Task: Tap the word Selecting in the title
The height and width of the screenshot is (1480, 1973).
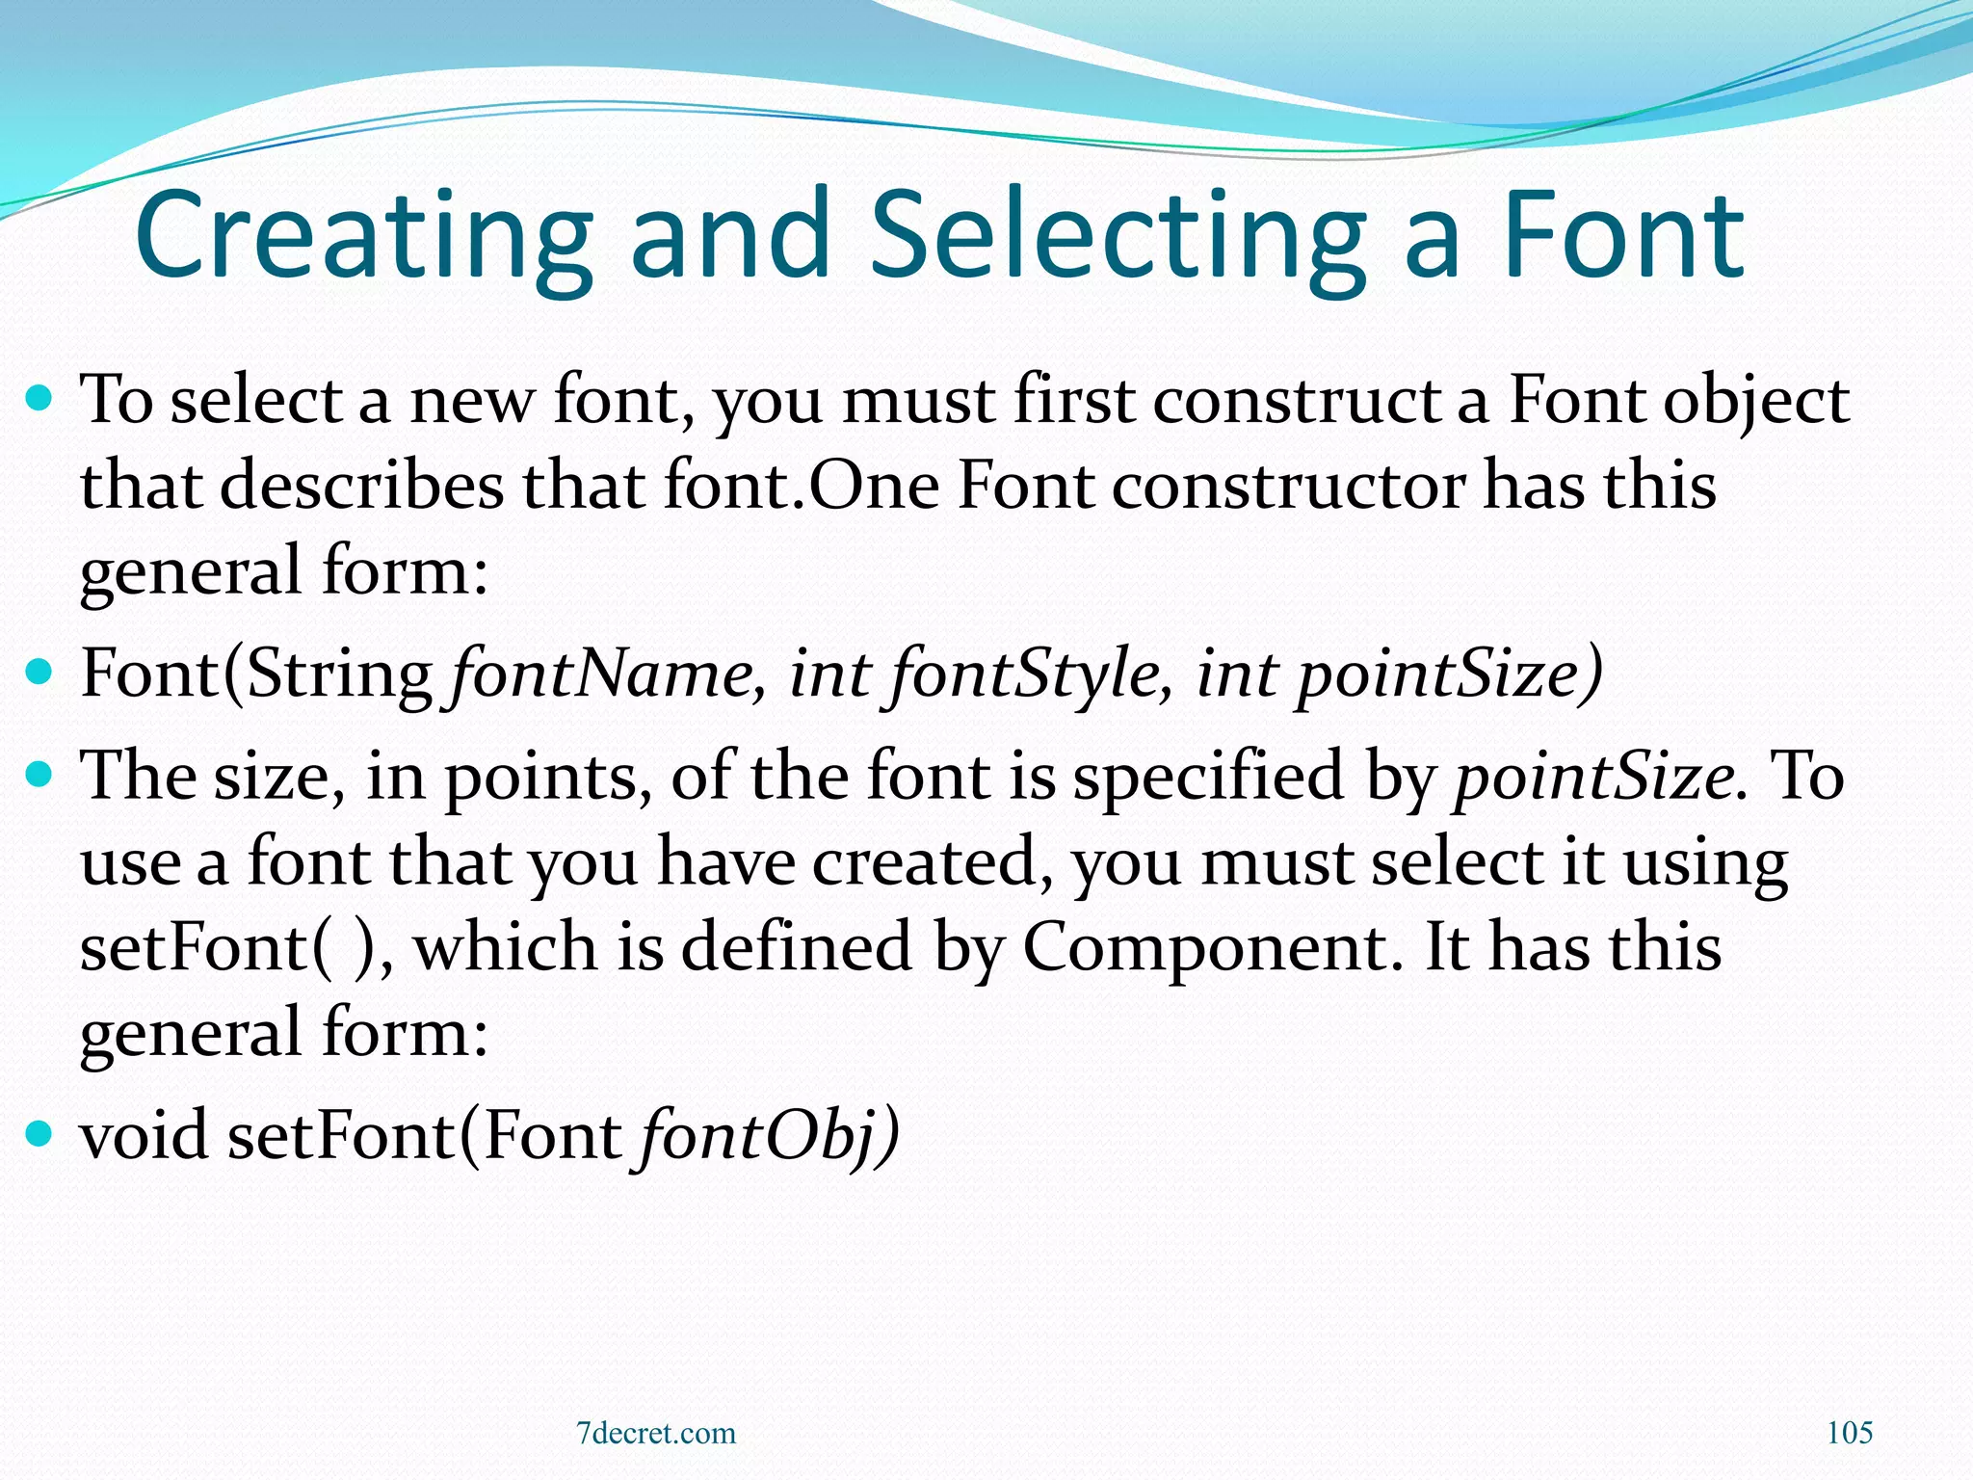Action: [1118, 236]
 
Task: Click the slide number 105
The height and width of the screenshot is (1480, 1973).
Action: [1850, 1433]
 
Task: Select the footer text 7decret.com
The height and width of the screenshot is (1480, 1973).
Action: [656, 1434]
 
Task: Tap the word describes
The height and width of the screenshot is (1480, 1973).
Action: [362, 485]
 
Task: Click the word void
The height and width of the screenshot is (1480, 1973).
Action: [145, 1135]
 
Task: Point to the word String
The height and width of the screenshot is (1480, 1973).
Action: [339, 674]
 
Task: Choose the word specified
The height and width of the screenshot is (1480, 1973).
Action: [1209, 777]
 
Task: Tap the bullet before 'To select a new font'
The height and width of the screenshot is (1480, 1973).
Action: [39, 396]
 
